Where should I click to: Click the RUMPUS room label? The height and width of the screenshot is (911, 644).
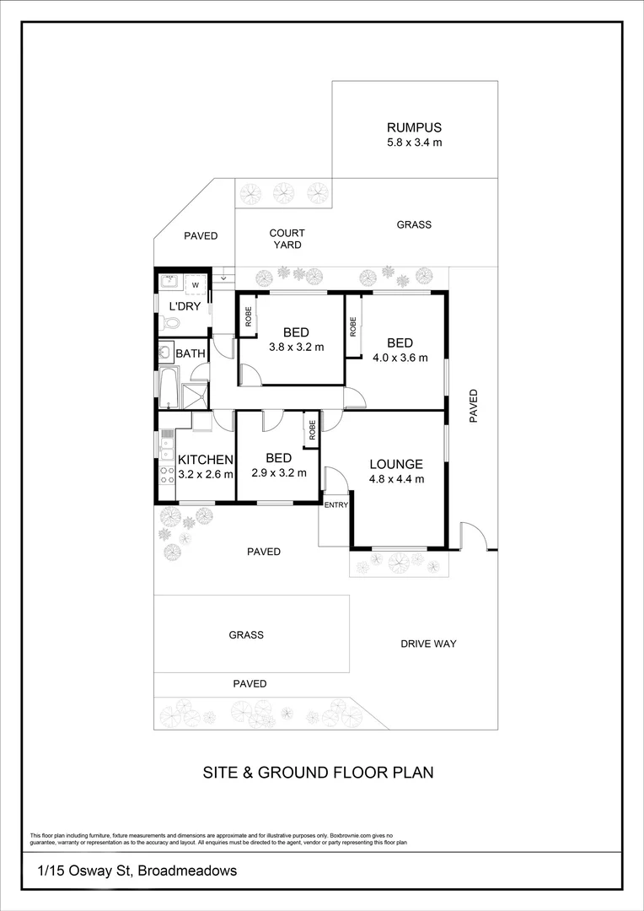tap(414, 128)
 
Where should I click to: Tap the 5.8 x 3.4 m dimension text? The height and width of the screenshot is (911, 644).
tap(414, 143)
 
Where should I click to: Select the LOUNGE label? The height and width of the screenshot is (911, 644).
tap(395, 464)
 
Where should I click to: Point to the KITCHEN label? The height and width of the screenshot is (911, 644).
tap(205, 460)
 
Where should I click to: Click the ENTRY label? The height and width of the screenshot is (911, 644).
tap(335, 505)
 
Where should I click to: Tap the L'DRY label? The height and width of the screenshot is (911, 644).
tap(185, 306)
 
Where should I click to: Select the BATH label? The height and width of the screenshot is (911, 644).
tap(191, 353)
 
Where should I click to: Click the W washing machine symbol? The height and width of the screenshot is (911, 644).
tap(196, 285)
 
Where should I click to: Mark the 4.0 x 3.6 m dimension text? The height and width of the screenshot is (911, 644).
tap(400, 357)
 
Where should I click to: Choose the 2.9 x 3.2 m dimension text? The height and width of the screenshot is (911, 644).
tap(278, 472)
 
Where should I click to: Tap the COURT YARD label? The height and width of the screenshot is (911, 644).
tap(287, 239)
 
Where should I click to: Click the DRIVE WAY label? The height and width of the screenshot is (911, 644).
tap(428, 644)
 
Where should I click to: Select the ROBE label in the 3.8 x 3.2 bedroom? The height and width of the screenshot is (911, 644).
tap(249, 315)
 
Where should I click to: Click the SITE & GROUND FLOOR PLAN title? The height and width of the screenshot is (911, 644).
tap(318, 772)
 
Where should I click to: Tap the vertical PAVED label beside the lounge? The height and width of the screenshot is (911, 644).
tap(473, 406)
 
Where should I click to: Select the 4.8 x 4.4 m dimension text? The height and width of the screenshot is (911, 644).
tap(396, 479)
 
